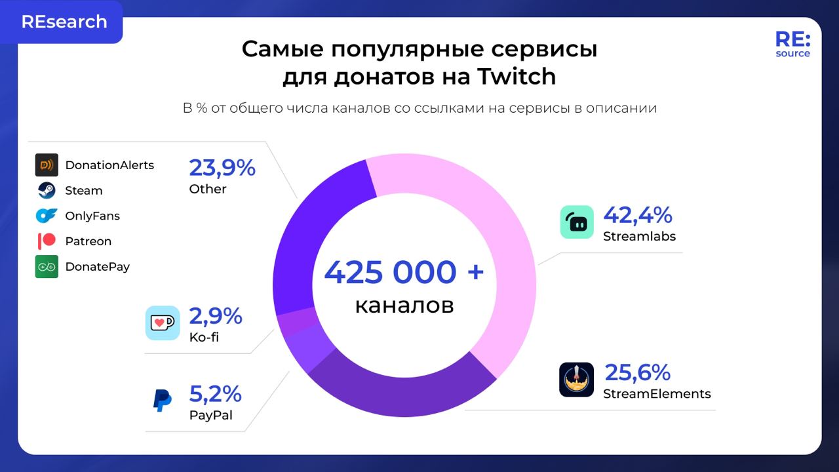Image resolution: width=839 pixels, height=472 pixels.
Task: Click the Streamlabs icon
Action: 577,222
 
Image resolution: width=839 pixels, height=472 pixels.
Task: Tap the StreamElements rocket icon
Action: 576,380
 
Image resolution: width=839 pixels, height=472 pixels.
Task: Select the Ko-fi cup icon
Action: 162,323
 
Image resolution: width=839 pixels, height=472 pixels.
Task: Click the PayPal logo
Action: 162,399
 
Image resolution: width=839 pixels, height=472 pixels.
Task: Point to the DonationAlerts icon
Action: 47,165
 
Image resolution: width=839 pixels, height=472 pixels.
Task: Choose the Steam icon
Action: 47,190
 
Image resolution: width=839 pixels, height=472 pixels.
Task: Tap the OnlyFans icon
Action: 47,216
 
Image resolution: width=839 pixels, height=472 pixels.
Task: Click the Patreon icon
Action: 47,241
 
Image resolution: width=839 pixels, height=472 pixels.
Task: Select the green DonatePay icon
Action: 47,267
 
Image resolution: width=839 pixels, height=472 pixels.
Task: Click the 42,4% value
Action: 637,215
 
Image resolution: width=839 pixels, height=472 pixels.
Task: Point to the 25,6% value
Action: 636,372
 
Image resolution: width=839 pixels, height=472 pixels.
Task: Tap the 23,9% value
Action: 222,168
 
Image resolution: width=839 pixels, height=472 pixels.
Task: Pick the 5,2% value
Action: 215,394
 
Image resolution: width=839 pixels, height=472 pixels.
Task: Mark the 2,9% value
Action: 215,317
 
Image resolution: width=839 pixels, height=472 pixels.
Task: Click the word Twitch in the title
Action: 516,77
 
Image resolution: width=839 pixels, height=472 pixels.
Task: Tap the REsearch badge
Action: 64,22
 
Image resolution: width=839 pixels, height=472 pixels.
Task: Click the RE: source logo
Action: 792,44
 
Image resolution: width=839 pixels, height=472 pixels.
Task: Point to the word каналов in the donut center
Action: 404,305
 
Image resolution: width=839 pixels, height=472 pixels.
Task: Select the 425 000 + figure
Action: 404,272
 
